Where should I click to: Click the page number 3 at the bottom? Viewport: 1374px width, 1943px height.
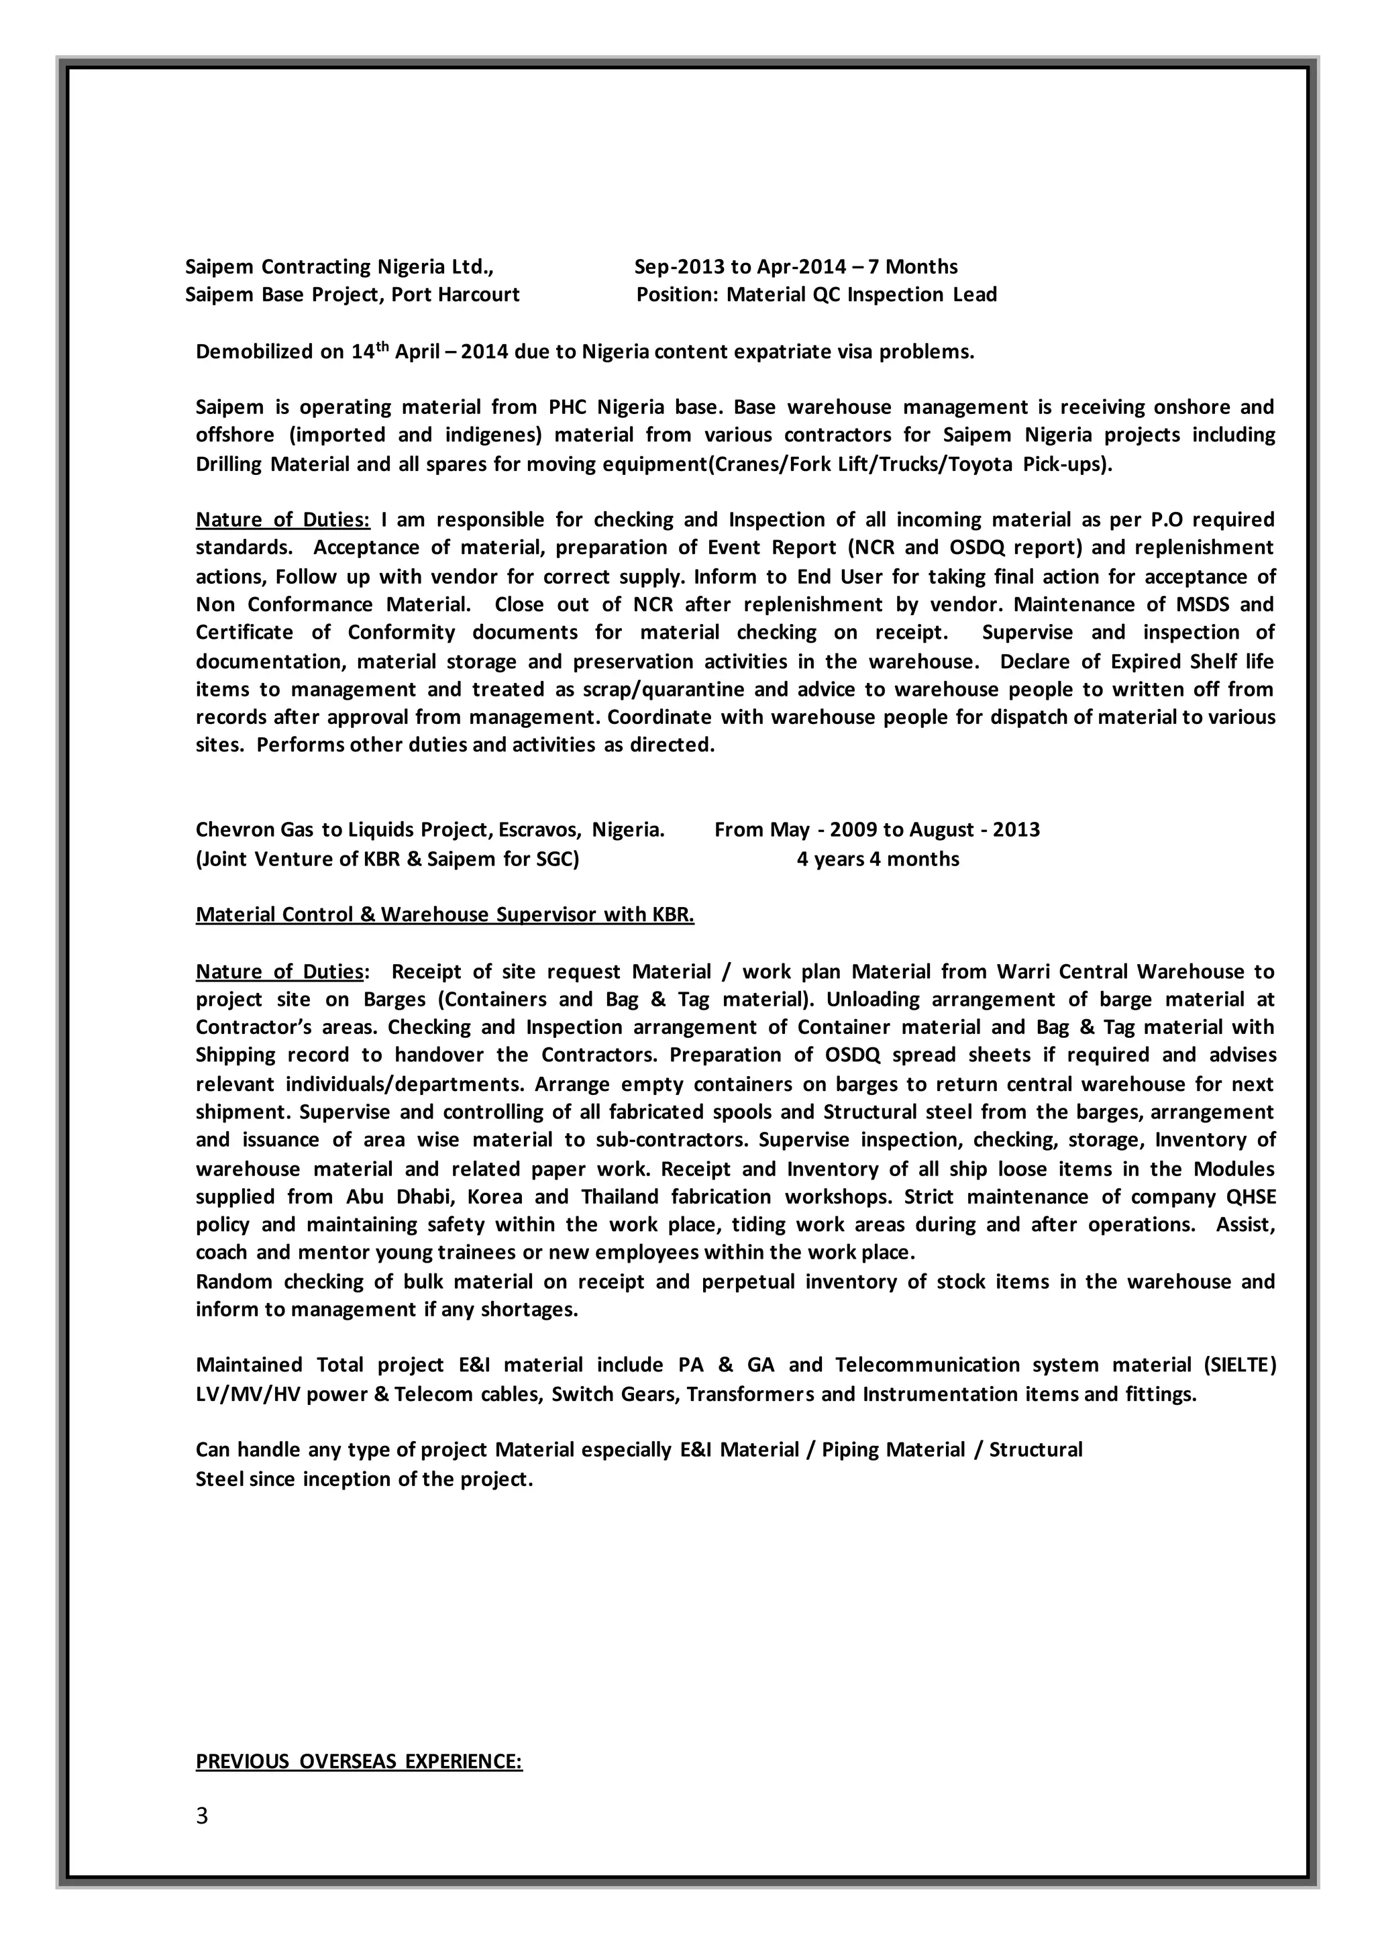click(x=201, y=1816)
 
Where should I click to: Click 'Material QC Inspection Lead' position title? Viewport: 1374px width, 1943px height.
click(x=861, y=295)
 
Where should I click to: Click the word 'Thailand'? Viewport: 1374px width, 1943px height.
click(x=619, y=1197)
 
